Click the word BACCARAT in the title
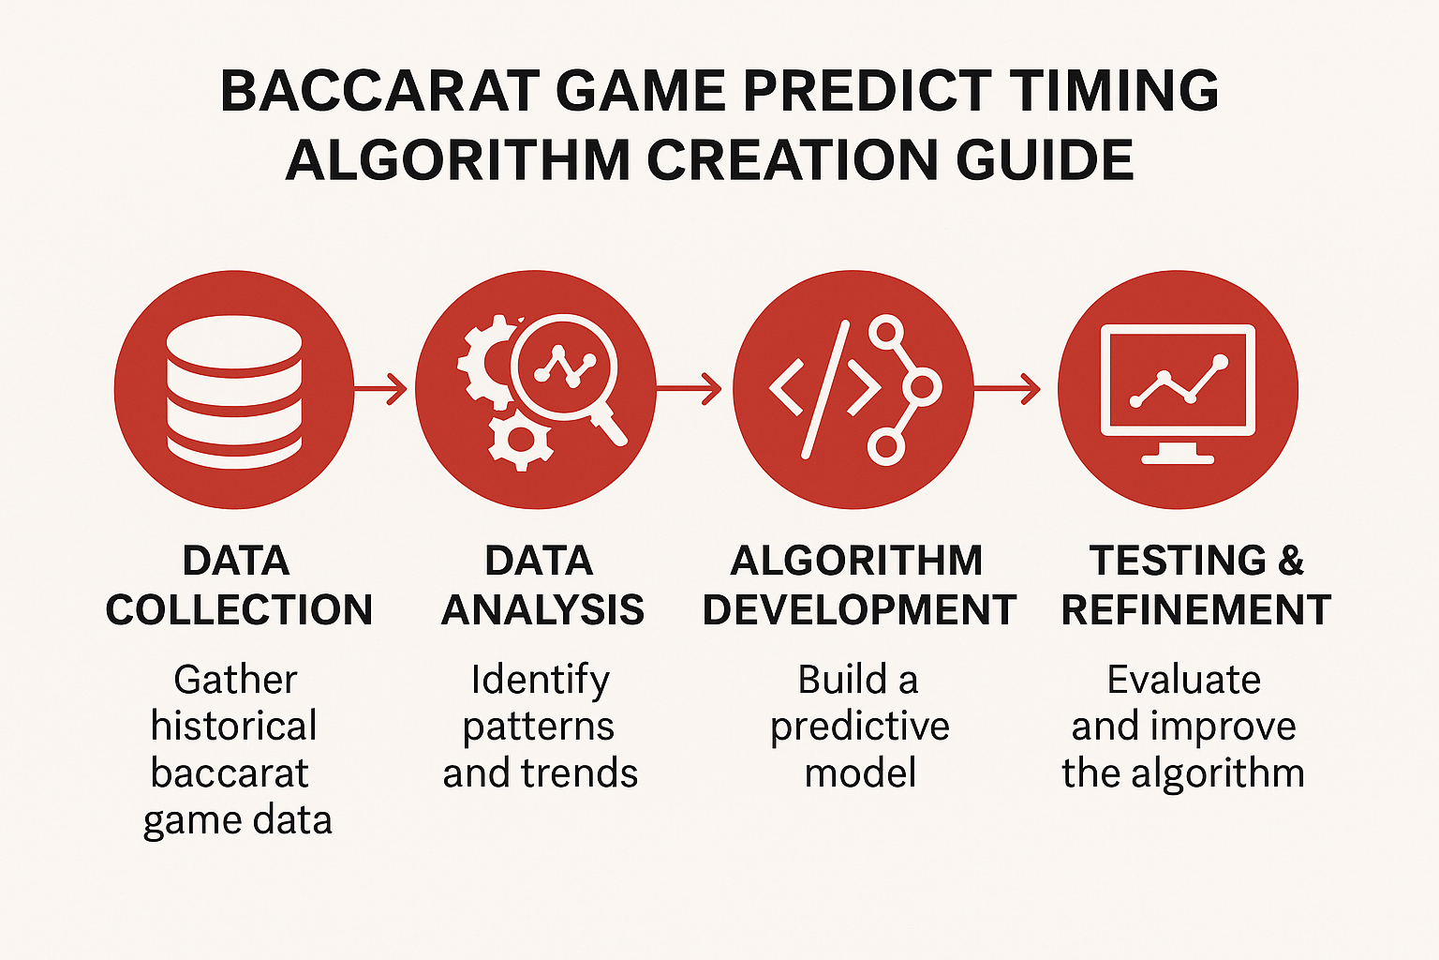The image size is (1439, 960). (379, 91)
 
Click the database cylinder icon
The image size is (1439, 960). (234, 392)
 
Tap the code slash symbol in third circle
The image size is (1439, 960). (825, 389)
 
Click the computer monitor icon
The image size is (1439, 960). (1178, 394)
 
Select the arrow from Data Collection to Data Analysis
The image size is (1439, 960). (380, 388)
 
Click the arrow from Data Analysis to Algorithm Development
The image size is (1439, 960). (689, 388)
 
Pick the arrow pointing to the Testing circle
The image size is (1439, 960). (1007, 388)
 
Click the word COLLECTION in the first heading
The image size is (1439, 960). (239, 609)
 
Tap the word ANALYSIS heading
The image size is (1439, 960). (542, 609)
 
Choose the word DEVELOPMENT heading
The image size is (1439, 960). (859, 609)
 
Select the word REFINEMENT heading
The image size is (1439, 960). (1196, 609)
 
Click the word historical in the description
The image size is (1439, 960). (234, 726)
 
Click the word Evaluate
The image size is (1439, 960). (1183, 679)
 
